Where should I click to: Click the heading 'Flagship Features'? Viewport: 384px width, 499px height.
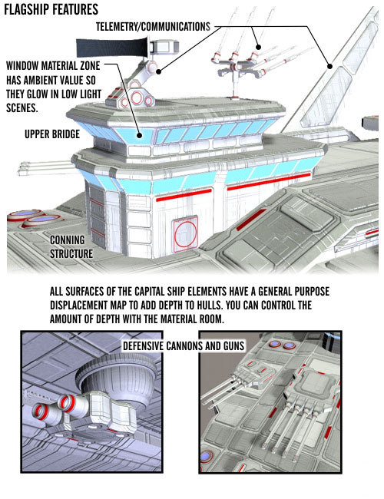point(51,9)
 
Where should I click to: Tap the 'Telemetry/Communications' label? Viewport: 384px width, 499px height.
point(153,26)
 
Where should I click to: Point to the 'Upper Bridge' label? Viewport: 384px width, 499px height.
point(52,134)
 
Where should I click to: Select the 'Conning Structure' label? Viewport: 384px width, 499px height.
point(71,246)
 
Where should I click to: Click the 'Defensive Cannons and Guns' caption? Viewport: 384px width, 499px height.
point(184,345)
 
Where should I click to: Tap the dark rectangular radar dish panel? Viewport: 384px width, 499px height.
point(112,48)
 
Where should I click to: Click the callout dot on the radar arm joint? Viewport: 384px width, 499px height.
point(158,71)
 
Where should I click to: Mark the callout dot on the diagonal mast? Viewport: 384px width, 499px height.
point(330,66)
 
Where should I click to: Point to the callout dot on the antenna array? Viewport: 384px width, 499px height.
point(259,47)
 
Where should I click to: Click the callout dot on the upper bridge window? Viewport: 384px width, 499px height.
point(139,135)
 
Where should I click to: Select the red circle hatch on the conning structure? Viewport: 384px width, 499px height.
point(185,233)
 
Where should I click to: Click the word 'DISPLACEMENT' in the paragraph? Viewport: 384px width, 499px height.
point(79,306)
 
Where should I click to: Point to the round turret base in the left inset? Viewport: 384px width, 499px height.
point(118,375)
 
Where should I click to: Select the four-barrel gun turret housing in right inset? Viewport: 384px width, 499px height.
point(313,387)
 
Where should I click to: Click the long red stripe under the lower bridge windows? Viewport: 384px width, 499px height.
point(269,181)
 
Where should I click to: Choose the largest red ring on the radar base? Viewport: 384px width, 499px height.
point(137,97)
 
